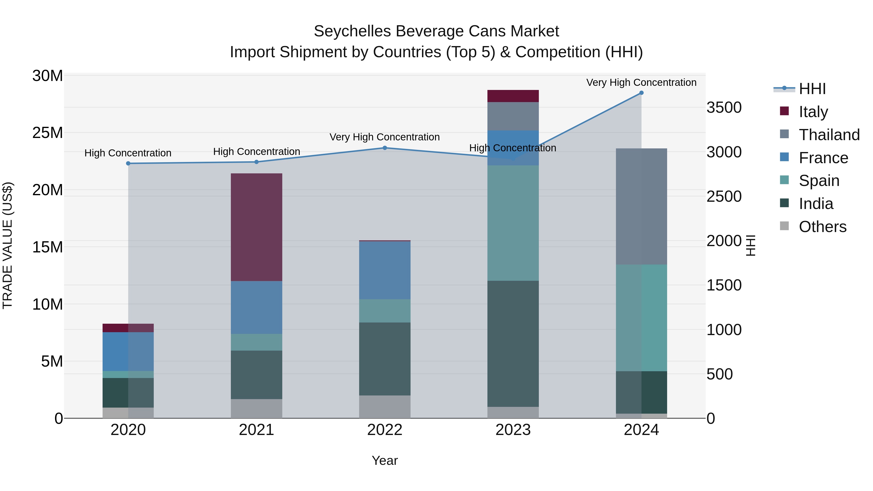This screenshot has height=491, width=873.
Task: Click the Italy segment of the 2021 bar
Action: coord(256,227)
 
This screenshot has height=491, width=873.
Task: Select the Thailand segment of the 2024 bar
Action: coord(641,206)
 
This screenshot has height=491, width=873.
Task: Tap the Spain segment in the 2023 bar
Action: coord(513,223)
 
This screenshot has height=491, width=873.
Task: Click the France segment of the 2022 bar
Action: coord(385,270)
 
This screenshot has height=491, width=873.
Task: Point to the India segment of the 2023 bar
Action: coord(513,344)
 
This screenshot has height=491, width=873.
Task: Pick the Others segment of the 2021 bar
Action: coord(256,408)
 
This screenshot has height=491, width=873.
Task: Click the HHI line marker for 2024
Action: coord(641,93)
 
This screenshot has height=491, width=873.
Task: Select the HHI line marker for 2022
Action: coord(385,148)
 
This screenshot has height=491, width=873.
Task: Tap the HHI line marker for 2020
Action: coord(128,163)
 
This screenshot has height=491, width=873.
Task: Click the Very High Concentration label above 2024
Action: coord(641,82)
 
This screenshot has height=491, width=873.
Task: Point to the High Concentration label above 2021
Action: coord(257,152)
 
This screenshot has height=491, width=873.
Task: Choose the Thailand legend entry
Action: coord(829,135)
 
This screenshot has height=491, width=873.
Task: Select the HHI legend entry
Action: coord(812,89)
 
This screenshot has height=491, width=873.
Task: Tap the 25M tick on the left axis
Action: coord(48,132)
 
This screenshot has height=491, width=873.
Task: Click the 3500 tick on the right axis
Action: coord(724,108)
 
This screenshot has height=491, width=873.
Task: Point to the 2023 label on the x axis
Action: coord(513,430)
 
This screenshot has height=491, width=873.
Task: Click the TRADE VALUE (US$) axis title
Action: coord(8,245)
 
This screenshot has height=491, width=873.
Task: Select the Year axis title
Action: coord(385,460)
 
